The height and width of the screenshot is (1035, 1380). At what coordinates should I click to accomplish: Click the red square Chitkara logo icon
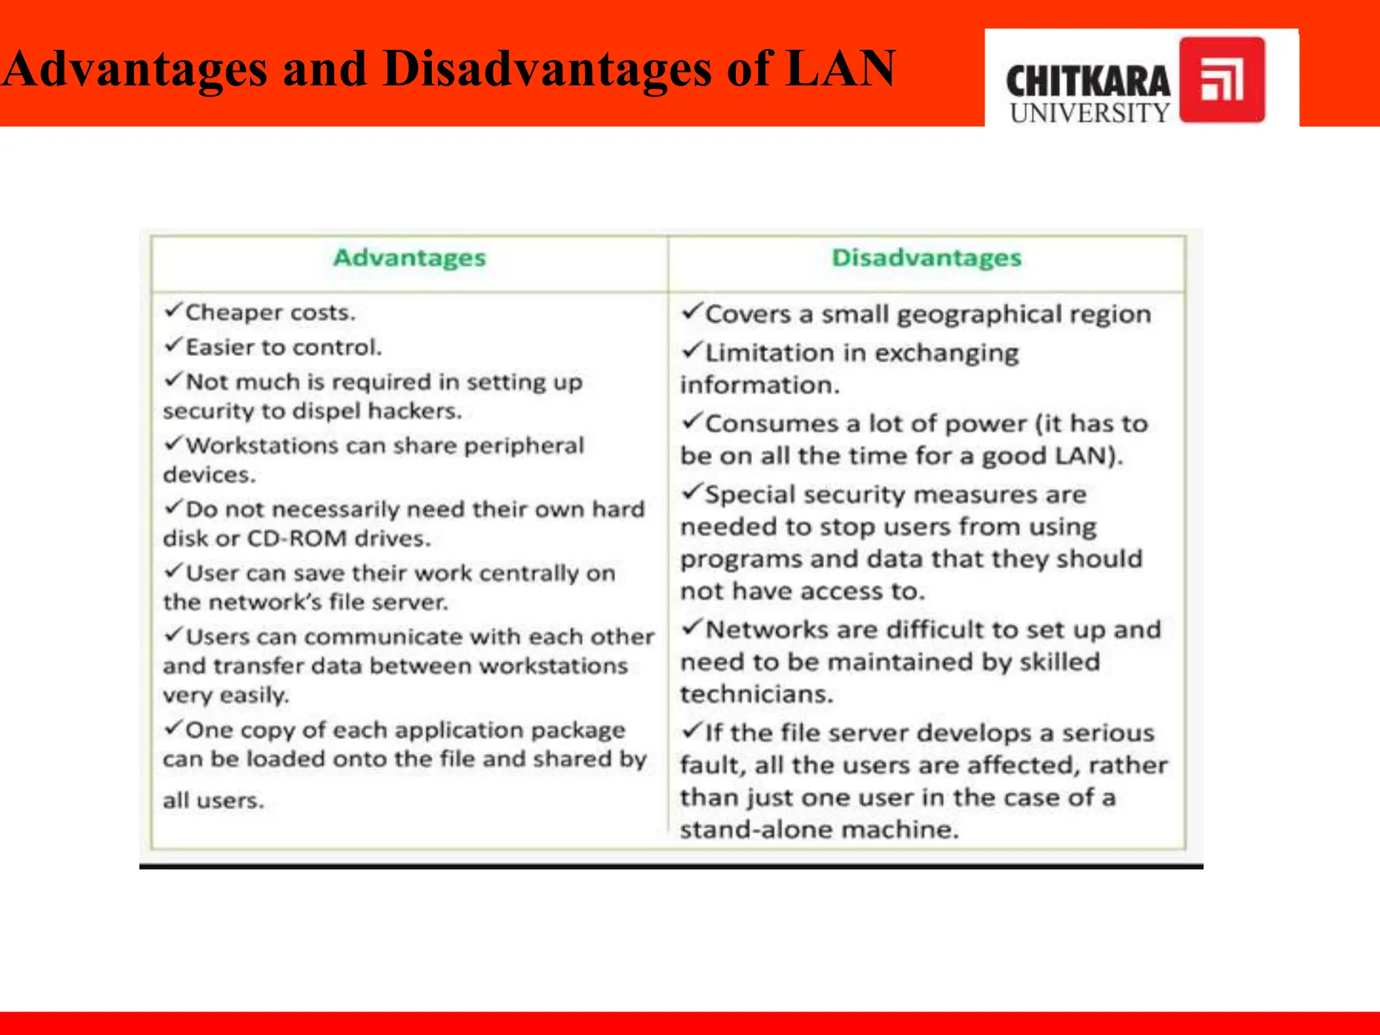coord(1222,80)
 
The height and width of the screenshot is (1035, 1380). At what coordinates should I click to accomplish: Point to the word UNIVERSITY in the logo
coord(1090,113)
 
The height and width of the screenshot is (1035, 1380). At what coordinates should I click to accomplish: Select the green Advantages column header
coord(410,258)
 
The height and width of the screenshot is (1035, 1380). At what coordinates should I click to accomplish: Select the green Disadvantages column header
coord(927,258)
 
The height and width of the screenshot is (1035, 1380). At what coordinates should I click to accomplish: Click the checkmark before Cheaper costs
coord(173,310)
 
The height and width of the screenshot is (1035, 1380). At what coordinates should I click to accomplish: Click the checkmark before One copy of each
coord(173,728)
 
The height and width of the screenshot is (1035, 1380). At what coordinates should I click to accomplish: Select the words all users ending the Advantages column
coord(213,801)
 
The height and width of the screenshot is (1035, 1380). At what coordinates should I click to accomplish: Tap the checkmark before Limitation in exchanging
coord(691,350)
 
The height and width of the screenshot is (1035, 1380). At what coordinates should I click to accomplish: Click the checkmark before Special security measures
coord(691,492)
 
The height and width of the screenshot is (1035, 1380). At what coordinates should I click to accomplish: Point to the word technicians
coord(756,694)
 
